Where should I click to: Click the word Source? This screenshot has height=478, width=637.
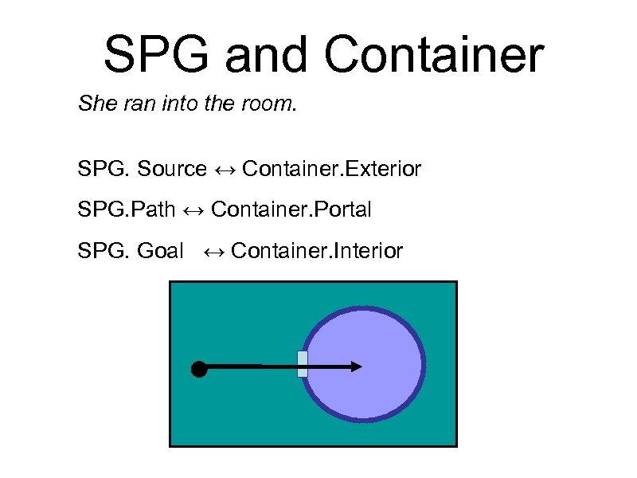coord(171,169)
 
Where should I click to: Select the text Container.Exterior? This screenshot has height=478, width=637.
coord(331,169)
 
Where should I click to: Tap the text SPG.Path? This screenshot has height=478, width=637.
coord(126,210)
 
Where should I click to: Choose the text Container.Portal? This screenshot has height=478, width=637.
coord(291,210)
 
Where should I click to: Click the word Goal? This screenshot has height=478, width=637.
coord(160,252)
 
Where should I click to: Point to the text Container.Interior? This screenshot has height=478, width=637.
coord(317,252)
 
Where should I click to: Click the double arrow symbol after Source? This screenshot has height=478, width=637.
coord(225,169)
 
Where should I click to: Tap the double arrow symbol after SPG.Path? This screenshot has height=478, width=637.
coord(193,210)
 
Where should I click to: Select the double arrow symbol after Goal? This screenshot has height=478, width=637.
coord(213,252)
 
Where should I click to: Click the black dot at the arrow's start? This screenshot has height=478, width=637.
coord(199,368)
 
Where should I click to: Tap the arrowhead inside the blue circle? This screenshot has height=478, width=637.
coord(356,366)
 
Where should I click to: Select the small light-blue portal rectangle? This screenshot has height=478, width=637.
coord(302,363)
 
